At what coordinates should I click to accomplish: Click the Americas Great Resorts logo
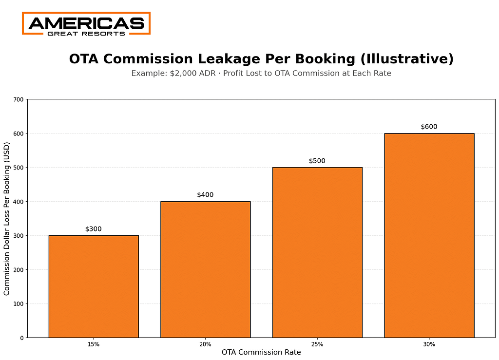pos(86,23)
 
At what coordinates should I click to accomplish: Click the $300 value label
pos(94,229)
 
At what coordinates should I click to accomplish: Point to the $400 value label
pos(205,195)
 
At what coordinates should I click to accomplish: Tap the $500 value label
pos(317,161)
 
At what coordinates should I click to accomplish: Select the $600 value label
pos(429,127)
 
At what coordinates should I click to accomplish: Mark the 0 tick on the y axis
pos(22,338)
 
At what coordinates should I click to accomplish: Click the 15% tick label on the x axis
pos(94,344)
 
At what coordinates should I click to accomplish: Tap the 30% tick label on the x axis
pos(429,344)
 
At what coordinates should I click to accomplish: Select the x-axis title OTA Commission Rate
pos(261,352)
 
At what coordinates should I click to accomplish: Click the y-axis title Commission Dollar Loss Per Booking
pos(7,218)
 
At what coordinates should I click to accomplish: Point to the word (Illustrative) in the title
pos(407,59)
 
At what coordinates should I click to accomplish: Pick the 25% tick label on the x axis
pos(317,344)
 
